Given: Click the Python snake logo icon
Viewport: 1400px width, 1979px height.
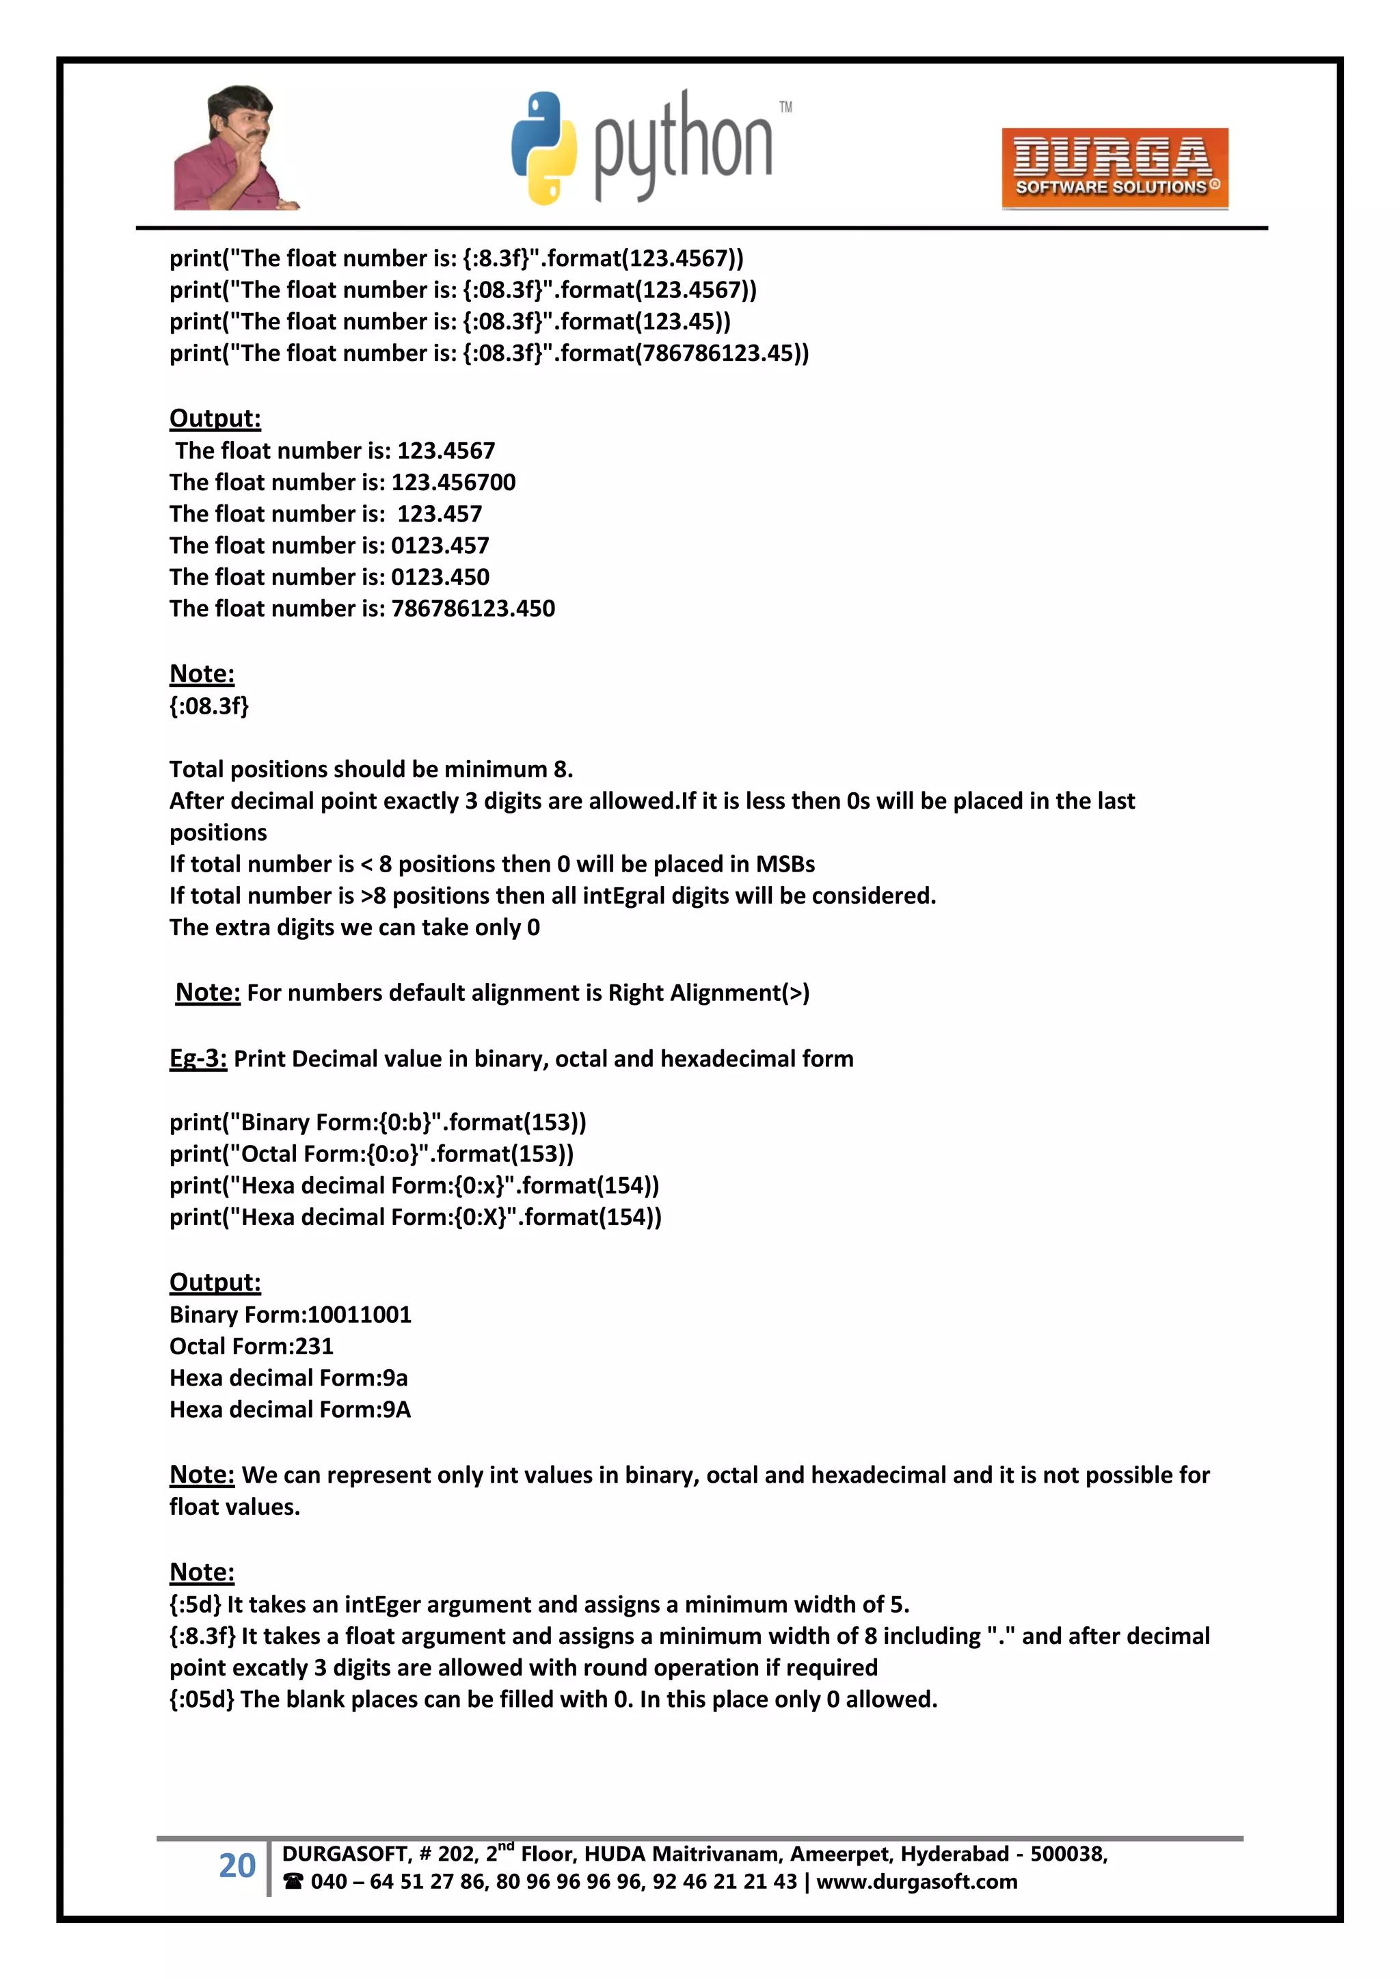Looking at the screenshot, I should [x=543, y=148].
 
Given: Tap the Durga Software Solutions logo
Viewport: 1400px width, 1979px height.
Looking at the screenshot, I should [x=1114, y=169].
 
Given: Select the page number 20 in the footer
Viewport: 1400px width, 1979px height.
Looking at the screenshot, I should [x=237, y=1866].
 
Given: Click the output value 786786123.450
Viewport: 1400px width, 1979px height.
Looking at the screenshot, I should [x=472, y=608].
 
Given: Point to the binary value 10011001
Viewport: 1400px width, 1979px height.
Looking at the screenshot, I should [x=360, y=1315].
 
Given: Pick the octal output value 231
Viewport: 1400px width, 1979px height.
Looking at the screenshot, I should [x=314, y=1347].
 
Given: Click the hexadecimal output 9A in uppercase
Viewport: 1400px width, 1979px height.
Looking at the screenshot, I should [x=396, y=1410].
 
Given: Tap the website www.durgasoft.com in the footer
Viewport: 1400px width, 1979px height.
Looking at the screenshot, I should [x=917, y=1882].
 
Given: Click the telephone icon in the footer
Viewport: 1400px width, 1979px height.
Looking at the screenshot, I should [x=293, y=1882].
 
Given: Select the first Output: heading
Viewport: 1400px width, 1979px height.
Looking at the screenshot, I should [x=215, y=419].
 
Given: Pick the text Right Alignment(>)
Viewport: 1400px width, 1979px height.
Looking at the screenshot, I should [x=709, y=993].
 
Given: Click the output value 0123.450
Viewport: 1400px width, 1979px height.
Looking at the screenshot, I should [x=440, y=577].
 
